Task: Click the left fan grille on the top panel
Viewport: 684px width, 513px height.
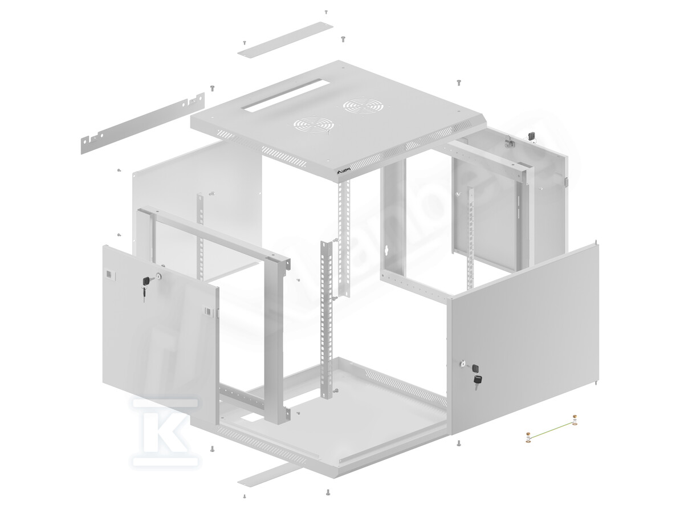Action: [x=311, y=125]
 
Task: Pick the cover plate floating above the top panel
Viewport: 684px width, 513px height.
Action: [x=286, y=39]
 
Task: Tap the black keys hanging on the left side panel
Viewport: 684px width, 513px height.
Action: [x=145, y=285]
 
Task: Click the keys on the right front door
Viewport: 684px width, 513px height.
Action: [x=475, y=381]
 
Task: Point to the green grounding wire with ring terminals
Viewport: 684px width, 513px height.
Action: [x=551, y=430]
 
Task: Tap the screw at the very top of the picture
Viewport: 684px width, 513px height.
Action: [x=326, y=11]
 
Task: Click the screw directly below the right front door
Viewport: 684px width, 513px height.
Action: [x=459, y=443]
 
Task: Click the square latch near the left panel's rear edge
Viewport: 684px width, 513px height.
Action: [x=108, y=275]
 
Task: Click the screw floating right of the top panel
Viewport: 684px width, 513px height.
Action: [x=458, y=83]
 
